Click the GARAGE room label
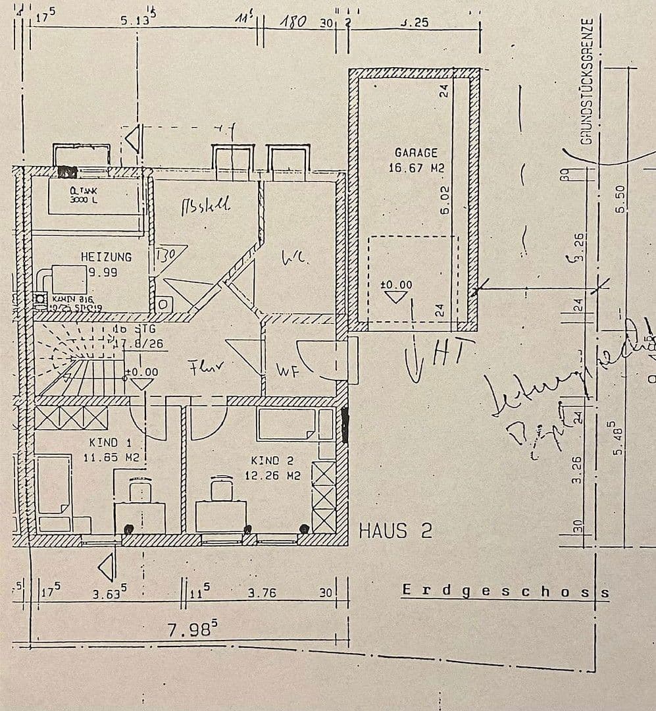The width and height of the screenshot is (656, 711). coord(416,153)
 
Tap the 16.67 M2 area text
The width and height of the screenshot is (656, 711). coord(416,168)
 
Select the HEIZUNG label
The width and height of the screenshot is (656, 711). coord(106,257)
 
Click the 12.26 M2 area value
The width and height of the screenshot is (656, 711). coord(272,475)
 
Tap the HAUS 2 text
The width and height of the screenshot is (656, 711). coord(395,531)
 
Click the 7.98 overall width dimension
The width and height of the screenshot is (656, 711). coord(191,630)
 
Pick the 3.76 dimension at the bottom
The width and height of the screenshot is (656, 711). coord(261,592)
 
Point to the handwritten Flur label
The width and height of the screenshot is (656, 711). coord(203,369)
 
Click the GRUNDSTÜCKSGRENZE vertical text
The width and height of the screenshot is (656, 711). coord(588,80)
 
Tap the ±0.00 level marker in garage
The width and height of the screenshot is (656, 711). coord(396,285)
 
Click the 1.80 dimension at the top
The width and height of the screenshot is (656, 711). coord(293,22)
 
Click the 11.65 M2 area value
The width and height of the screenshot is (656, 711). coord(111,457)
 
